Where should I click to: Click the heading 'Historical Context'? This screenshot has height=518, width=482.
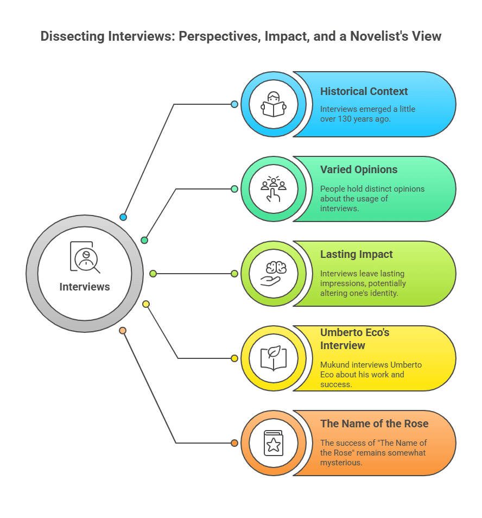pos(364,91)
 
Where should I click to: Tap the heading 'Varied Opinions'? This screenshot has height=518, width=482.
pos(359,169)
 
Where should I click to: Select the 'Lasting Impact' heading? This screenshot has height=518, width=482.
pos(356,254)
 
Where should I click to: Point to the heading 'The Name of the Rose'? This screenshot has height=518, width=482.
pos(374,424)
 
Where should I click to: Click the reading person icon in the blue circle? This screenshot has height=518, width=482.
pos(274,104)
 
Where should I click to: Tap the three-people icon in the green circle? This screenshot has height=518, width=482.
pos(274,188)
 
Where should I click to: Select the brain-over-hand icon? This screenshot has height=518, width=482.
pos(274,273)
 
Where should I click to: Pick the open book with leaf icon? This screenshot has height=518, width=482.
pos(274,358)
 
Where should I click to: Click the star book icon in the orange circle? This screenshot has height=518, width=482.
pos(274,443)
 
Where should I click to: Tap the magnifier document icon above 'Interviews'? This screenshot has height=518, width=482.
pos(85,257)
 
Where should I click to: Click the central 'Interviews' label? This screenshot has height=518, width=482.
pos(85,287)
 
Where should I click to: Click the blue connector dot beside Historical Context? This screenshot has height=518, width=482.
pos(234,104)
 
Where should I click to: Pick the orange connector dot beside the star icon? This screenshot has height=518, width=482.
pos(234,443)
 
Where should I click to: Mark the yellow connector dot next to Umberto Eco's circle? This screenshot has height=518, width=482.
pos(234,358)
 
